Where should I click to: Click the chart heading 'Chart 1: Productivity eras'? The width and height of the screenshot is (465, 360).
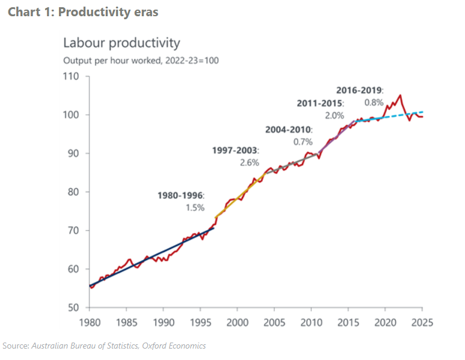coord(83,12)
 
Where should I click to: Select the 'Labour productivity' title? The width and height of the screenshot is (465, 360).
coord(122,43)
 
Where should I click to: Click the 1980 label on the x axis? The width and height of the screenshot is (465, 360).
coord(89,322)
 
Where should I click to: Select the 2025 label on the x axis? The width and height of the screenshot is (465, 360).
coord(422,322)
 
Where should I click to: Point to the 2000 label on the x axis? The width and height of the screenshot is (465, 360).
coord(237,322)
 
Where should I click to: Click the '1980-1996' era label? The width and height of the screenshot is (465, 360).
coord(180,195)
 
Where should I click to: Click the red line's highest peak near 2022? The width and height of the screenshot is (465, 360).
coord(400,95)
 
